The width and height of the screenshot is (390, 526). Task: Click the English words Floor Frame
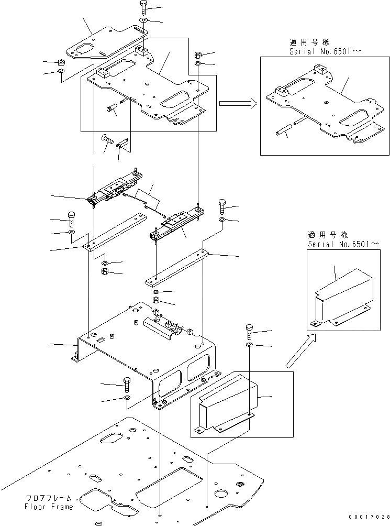pyautogui.click(x=48, y=507)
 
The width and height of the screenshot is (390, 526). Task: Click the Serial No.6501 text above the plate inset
pyautogui.click(x=321, y=52)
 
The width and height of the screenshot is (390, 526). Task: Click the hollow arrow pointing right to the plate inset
pyautogui.click(x=237, y=104)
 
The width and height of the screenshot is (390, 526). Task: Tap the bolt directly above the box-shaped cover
pyautogui.click(x=249, y=333)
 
